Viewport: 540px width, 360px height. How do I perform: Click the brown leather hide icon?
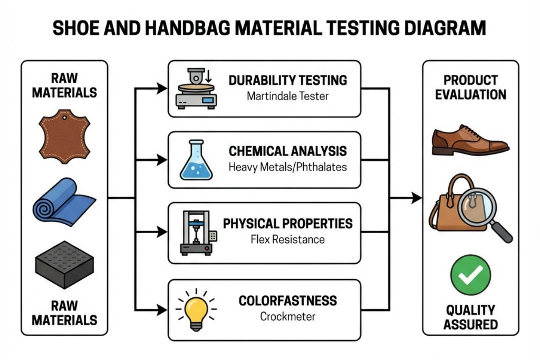click(x=65, y=137)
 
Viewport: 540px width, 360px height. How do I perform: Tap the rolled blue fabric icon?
click(x=64, y=202)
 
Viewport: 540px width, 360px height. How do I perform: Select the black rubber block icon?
click(x=64, y=265)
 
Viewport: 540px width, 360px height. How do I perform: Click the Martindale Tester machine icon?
click(x=196, y=89)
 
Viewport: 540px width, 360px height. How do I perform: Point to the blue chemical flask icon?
click(x=196, y=160)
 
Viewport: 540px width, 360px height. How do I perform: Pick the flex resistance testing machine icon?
click(x=198, y=233)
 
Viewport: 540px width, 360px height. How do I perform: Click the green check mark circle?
click(x=471, y=275)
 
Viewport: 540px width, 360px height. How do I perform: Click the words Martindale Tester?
click(x=288, y=96)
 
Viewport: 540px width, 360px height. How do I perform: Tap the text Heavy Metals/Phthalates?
click(x=288, y=167)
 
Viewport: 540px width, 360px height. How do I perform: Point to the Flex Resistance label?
click(x=288, y=239)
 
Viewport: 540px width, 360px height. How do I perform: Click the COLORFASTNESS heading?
click(x=288, y=301)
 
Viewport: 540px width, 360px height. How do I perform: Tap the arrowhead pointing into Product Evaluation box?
click(x=417, y=198)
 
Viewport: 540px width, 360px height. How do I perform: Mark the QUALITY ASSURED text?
click(x=471, y=317)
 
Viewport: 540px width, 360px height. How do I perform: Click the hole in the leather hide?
click(x=64, y=117)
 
